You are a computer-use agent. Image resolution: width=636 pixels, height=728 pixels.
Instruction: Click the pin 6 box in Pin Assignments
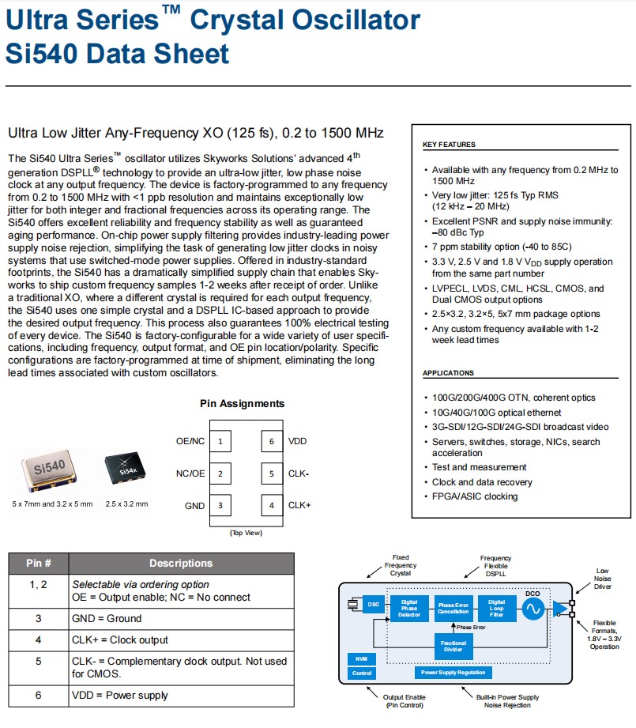(271, 441)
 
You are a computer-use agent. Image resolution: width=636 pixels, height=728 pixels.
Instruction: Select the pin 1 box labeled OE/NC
(220, 441)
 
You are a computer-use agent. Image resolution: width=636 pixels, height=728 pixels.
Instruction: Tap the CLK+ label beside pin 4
(299, 505)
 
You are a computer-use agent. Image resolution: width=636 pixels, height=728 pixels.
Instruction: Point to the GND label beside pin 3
(194, 505)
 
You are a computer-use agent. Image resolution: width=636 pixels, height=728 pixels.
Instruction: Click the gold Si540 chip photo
(48, 470)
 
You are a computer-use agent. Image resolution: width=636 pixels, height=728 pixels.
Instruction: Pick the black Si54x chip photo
(127, 470)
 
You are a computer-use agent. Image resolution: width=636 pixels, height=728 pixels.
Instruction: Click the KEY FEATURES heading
(449, 145)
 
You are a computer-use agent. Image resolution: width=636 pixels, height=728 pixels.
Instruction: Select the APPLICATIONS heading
(448, 373)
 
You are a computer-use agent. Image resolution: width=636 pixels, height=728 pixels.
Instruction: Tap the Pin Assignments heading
(242, 404)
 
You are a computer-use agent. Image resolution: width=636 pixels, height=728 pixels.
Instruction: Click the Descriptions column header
(181, 564)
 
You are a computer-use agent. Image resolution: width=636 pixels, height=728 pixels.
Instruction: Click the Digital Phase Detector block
(409, 608)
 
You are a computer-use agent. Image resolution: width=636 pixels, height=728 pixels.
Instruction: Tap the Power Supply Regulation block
(453, 673)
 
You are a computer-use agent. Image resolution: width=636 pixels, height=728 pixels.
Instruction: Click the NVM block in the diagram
(360, 658)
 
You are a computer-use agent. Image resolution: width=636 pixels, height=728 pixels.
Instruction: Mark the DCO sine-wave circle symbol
(533, 609)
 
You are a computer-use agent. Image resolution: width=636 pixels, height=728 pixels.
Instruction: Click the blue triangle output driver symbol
(560, 609)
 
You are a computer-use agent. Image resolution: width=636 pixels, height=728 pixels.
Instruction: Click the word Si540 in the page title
(40, 53)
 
